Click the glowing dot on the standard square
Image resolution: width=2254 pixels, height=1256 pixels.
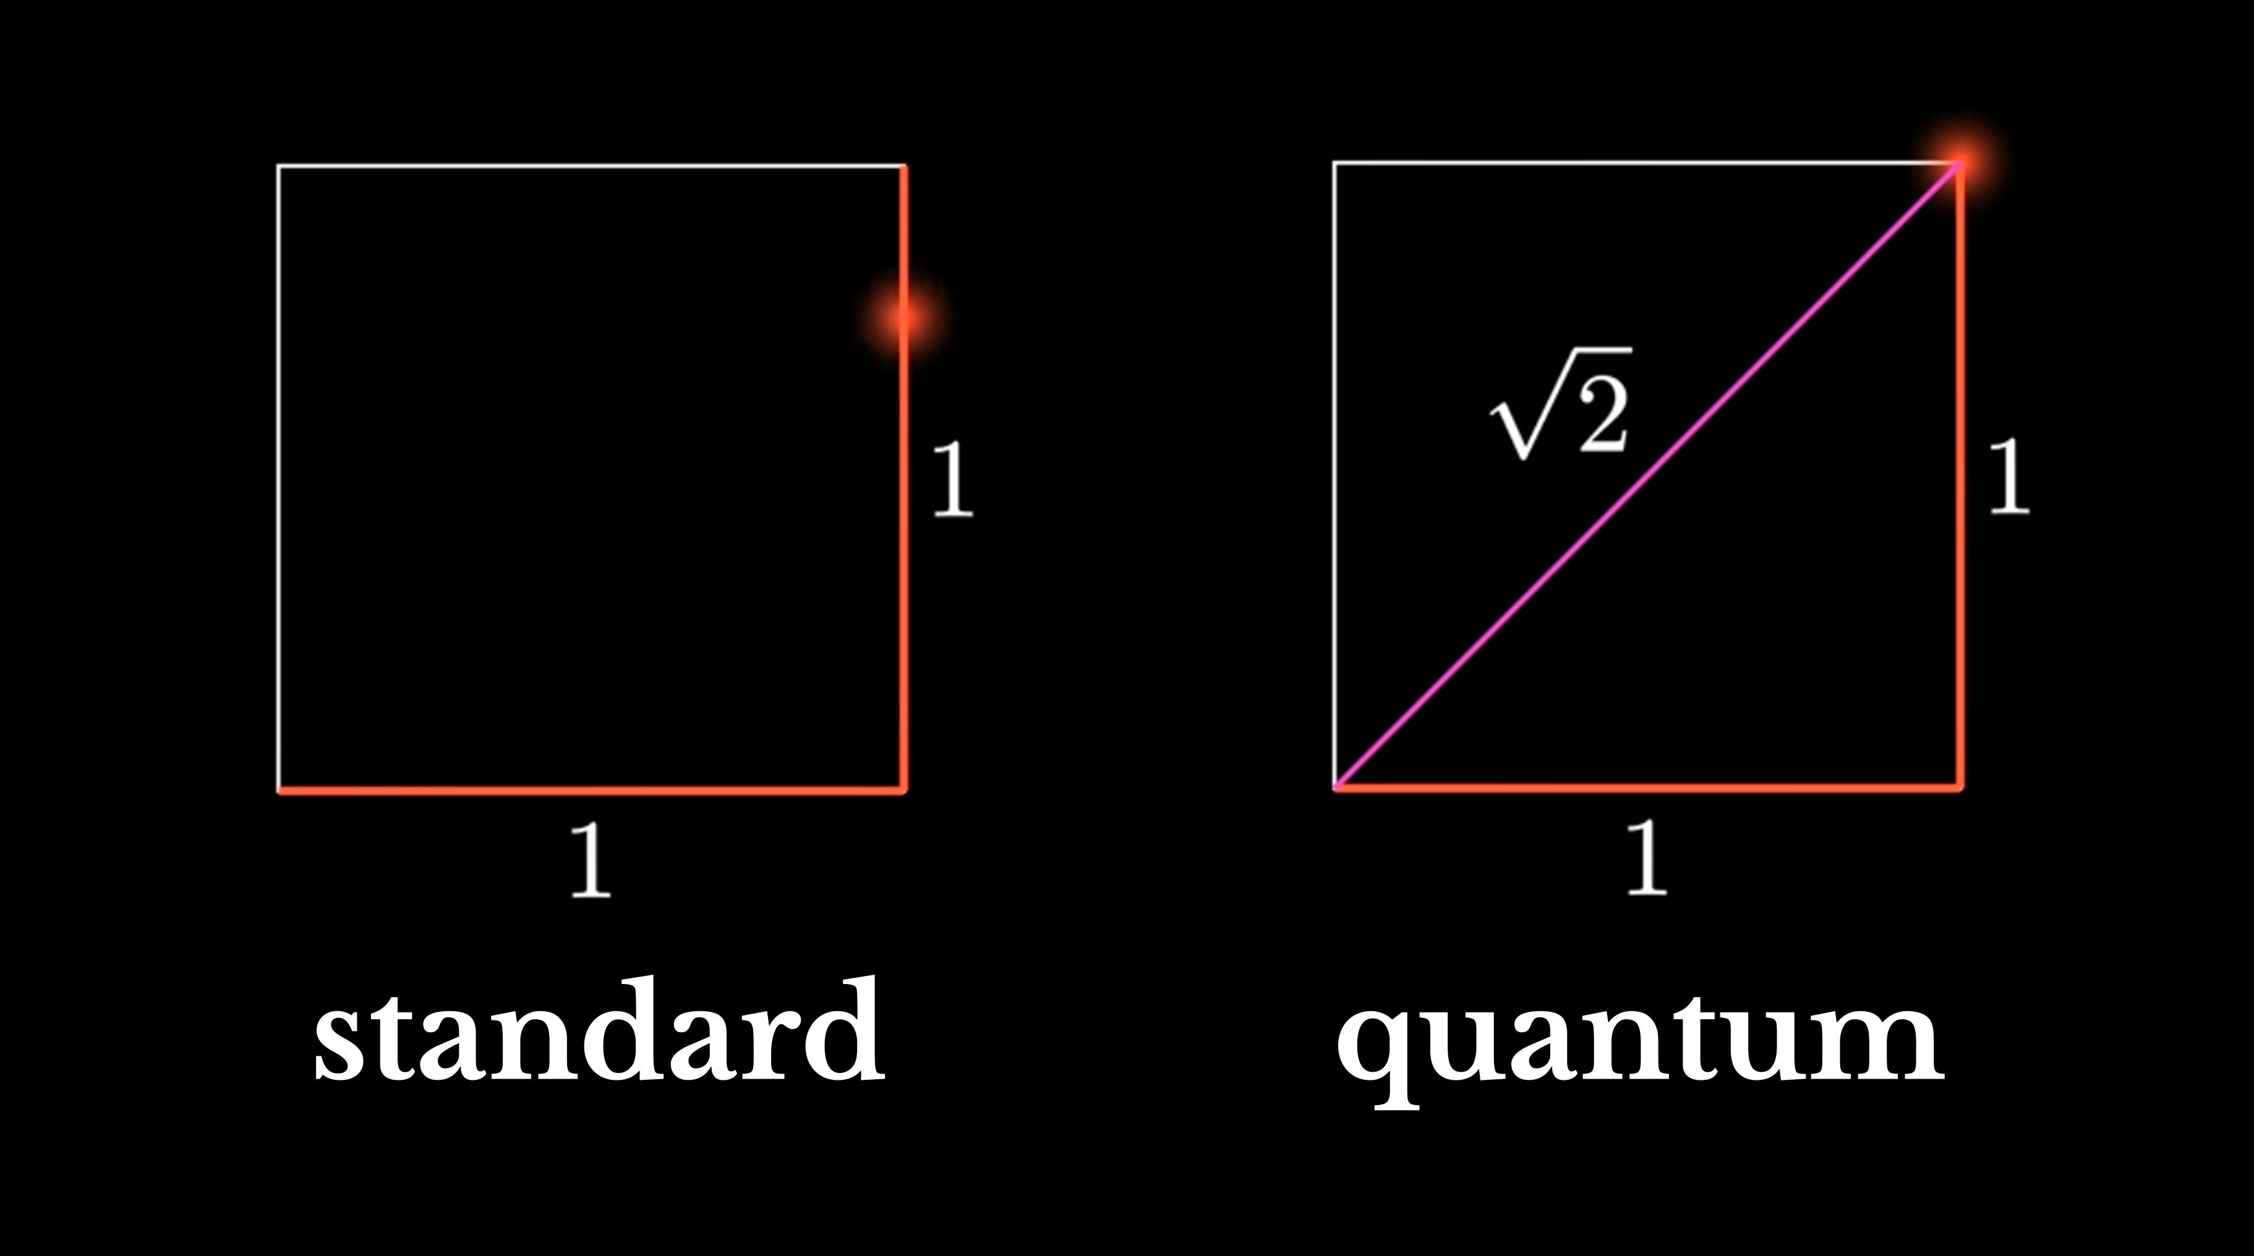click(903, 316)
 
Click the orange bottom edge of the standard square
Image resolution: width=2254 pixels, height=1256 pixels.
click(592, 791)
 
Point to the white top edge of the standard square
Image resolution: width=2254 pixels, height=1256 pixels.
click(592, 165)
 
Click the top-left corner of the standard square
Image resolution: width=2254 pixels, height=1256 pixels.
click(279, 165)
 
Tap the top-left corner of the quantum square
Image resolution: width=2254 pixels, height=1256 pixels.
click(1334, 163)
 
